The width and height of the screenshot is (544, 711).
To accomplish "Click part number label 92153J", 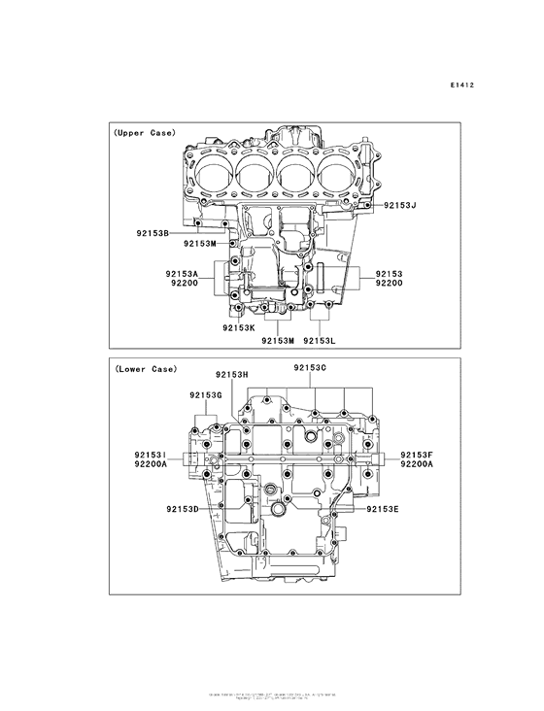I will [x=398, y=205].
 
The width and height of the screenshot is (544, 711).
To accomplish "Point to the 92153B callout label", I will [x=153, y=234].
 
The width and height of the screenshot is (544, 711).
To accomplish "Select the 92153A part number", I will [x=182, y=275].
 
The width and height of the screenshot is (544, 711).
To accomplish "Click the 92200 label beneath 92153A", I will [x=185, y=286].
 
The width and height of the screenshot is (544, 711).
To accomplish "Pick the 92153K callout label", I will [x=238, y=328].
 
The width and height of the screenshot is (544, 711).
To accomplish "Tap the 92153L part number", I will [x=320, y=340].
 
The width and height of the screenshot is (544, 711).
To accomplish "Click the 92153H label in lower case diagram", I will [x=232, y=374].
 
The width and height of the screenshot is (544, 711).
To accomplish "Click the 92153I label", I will [x=152, y=455].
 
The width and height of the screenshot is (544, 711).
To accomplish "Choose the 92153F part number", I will [x=418, y=455].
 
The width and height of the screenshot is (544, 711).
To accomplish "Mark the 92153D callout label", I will [x=183, y=509].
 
